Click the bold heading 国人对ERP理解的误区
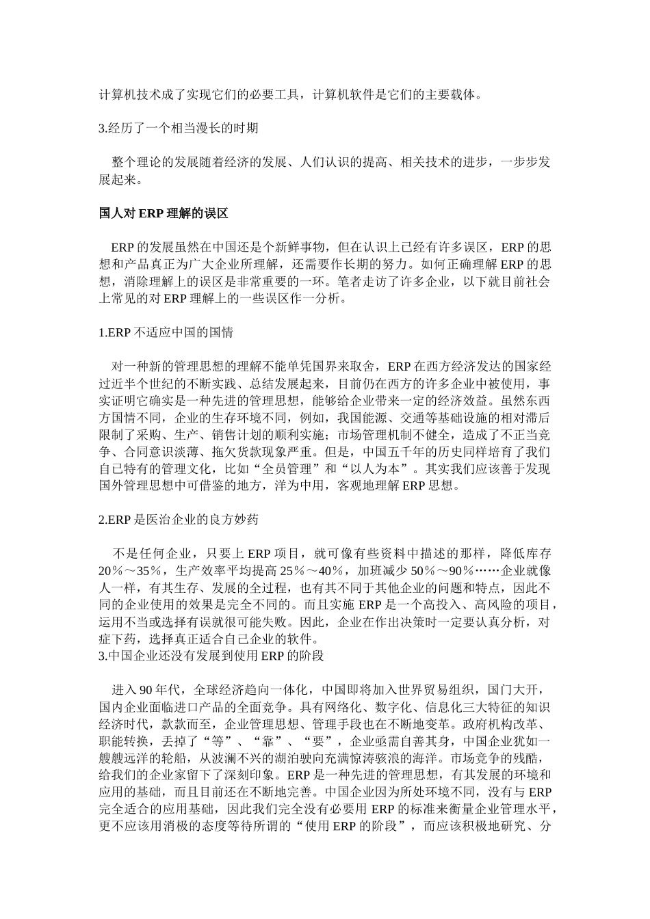pos(163,213)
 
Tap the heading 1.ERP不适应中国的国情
pos(166,332)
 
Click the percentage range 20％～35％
pos(131,571)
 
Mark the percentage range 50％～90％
pos(443,571)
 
